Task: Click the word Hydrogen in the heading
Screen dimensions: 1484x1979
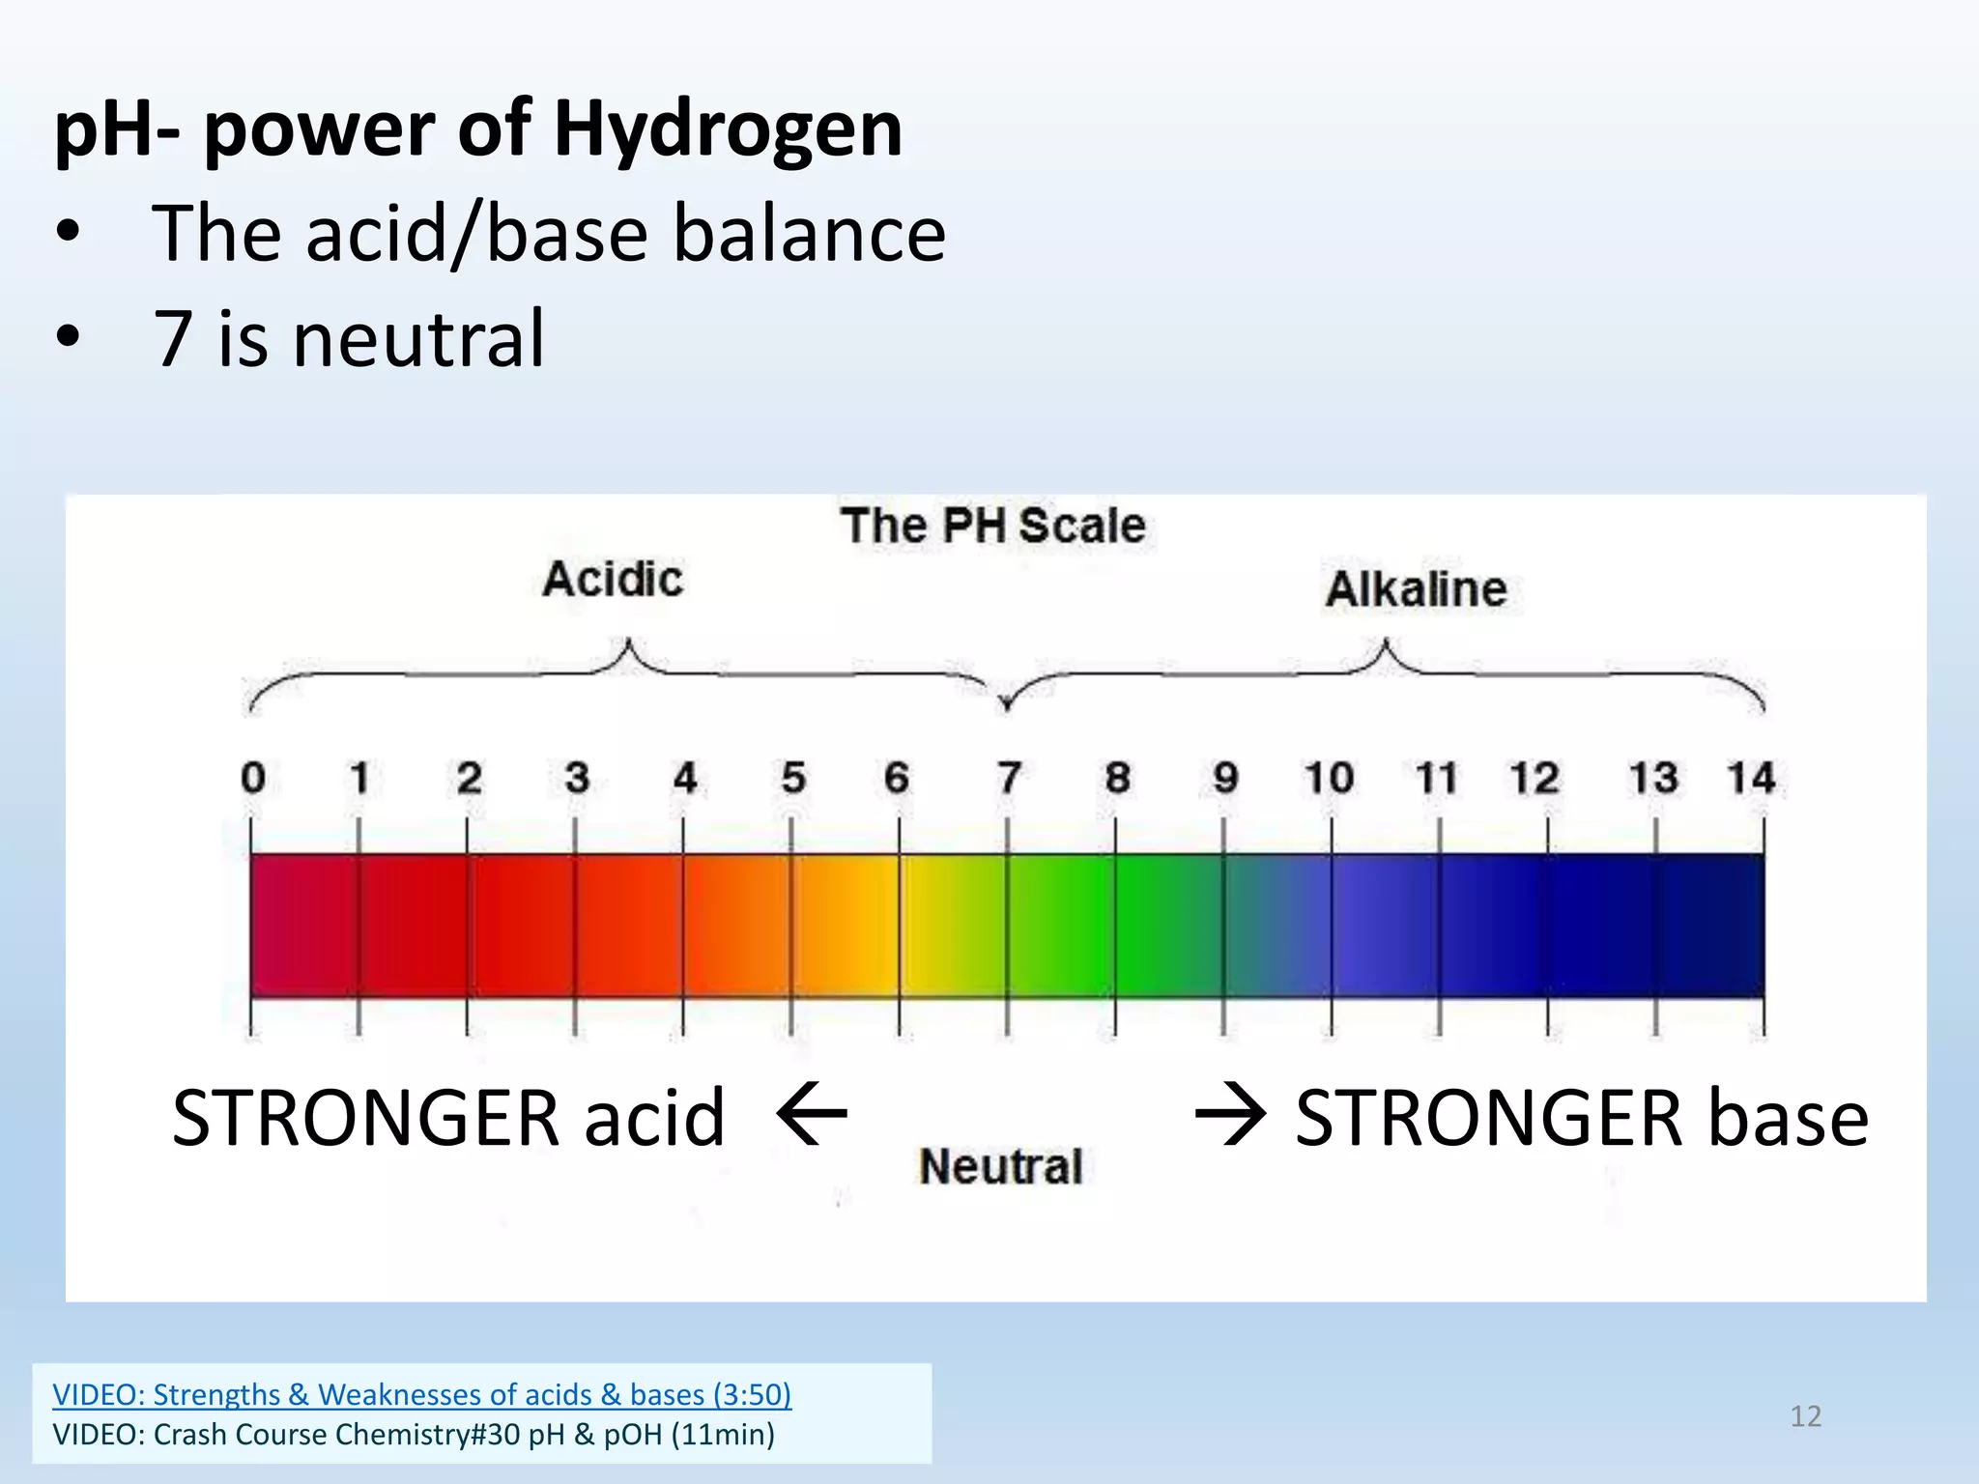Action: [x=728, y=130]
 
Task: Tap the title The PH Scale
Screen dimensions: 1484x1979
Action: [x=992, y=527]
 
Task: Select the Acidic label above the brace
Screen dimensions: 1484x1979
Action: [x=613, y=580]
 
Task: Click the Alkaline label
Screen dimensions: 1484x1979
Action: [x=1416, y=589]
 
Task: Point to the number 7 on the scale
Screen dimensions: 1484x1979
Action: [x=1008, y=778]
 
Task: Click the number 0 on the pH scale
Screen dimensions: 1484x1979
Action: [x=253, y=778]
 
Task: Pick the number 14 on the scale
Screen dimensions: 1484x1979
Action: [x=1751, y=778]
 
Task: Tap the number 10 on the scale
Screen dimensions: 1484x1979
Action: [x=1330, y=778]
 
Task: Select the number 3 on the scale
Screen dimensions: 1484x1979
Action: [x=577, y=778]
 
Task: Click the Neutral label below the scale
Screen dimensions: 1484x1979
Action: [x=1001, y=1166]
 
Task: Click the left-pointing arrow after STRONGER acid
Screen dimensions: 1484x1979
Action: [x=812, y=1115]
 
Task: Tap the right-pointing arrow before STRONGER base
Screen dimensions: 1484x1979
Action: [x=1230, y=1115]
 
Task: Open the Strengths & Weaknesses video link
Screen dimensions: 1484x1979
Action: [x=421, y=1394]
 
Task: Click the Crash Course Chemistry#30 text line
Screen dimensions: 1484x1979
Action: [x=414, y=1435]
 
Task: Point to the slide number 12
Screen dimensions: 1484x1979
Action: [x=1805, y=1416]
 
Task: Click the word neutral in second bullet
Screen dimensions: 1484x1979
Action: [x=418, y=339]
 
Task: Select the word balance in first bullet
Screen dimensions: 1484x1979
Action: [x=809, y=235]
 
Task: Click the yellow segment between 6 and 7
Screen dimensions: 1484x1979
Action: [x=953, y=925]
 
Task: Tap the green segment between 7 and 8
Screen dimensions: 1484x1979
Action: [x=1060, y=925]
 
